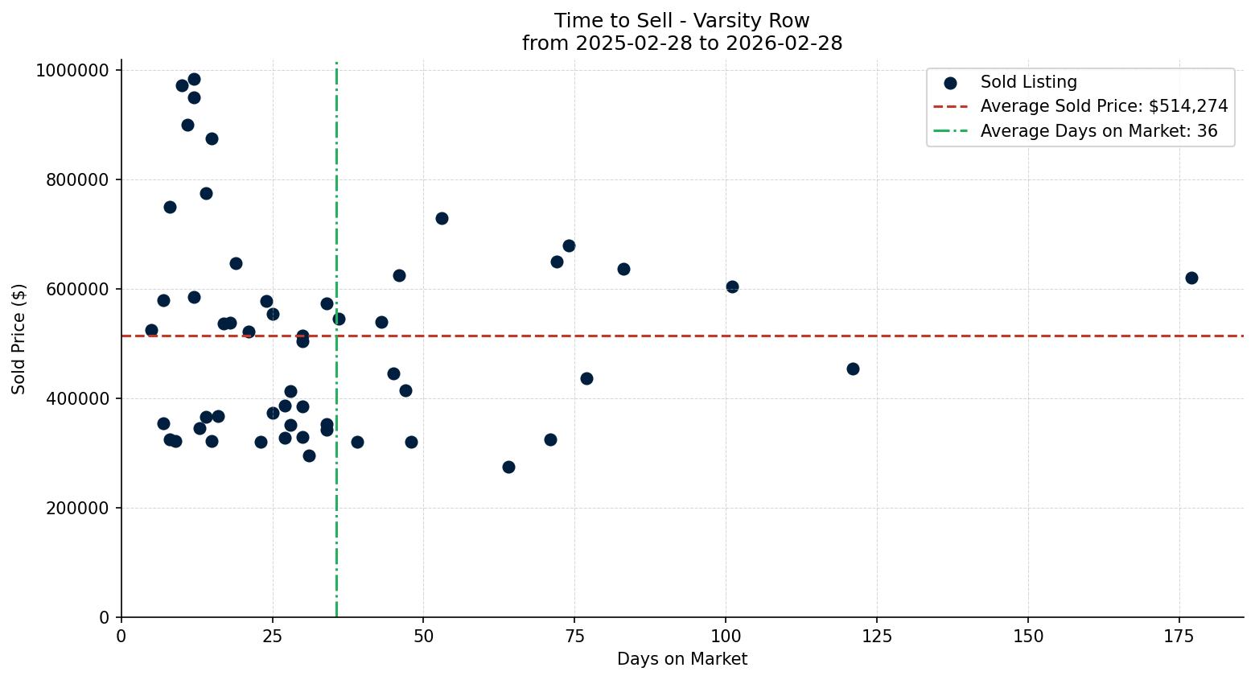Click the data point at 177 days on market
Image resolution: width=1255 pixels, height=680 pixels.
(1191, 278)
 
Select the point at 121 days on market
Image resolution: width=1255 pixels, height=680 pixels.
(853, 369)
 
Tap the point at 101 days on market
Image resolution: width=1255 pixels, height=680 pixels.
(732, 286)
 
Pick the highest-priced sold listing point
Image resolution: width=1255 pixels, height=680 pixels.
(194, 79)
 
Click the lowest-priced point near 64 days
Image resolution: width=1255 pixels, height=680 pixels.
(508, 467)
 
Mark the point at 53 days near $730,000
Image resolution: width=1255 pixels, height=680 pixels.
(442, 218)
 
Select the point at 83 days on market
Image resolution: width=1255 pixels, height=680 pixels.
(623, 269)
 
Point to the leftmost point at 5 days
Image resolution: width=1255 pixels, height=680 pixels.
(151, 330)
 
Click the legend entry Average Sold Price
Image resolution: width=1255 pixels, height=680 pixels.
(1104, 106)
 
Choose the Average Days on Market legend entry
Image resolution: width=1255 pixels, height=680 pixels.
(1098, 131)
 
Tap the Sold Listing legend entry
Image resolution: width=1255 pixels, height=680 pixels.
(1028, 82)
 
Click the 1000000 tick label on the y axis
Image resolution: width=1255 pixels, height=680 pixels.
(72, 71)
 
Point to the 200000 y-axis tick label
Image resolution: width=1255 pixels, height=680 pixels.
(77, 509)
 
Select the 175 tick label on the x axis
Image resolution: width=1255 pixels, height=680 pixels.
(1179, 637)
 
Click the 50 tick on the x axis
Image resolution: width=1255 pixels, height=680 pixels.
(424, 637)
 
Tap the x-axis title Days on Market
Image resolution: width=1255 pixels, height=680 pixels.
(682, 659)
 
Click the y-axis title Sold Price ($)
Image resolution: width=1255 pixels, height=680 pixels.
(19, 339)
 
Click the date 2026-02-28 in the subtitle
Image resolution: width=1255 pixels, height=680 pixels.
(784, 43)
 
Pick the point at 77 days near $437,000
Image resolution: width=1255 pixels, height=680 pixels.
(586, 378)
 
